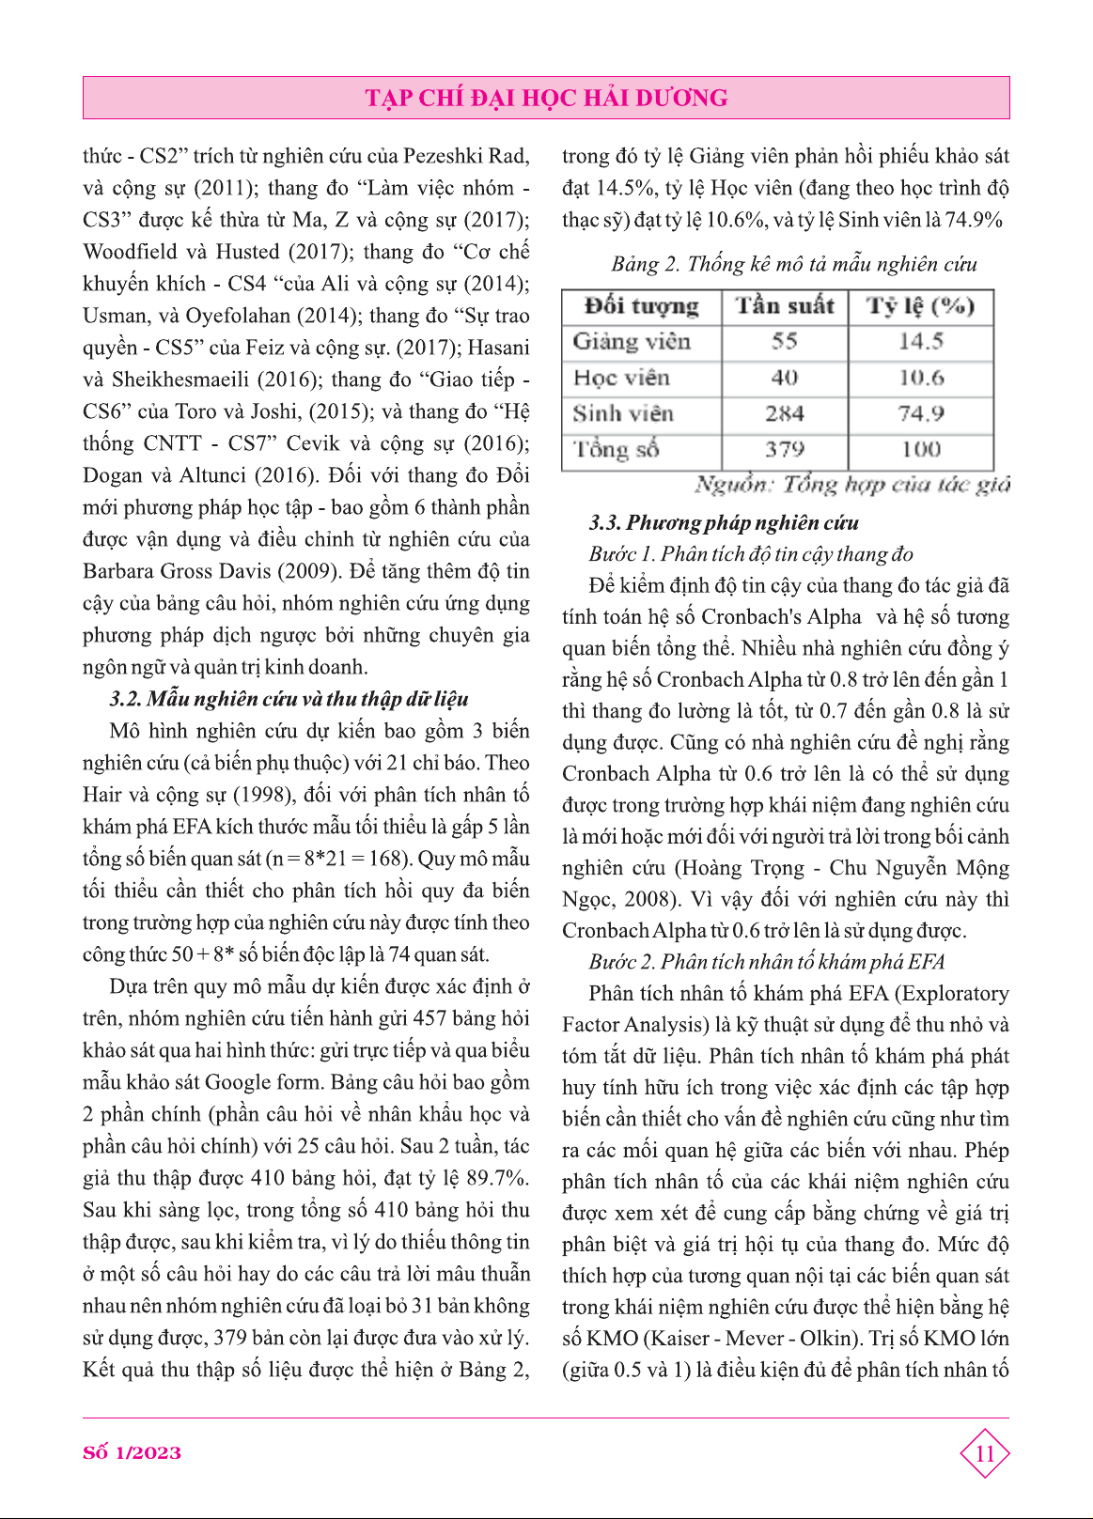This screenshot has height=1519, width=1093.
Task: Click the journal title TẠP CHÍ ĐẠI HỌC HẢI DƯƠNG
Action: pyautogui.click(x=546, y=98)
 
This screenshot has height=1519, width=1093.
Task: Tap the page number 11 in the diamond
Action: pyautogui.click(x=984, y=1454)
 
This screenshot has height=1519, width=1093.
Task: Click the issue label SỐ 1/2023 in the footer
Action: pyautogui.click(x=132, y=1452)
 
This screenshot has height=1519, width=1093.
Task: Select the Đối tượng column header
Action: pyautogui.click(x=642, y=306)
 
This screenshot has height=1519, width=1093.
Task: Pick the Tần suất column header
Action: pyautogui.click(x=785, y=306)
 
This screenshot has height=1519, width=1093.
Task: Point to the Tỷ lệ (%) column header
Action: pyautogui.click(x=920, y=306)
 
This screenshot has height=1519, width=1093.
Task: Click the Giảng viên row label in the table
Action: pyautogui.click(x=632, y=342)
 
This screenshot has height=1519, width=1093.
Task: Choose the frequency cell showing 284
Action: pyautogui.click(x=785, y=413)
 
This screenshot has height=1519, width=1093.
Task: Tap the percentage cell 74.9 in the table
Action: pyautogui.click(x=920, y=413)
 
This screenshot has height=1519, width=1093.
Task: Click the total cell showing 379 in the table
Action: pyautogui.click(x=785, y=449)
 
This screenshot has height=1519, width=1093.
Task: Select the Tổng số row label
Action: pyautogui.click(x=617, y=449)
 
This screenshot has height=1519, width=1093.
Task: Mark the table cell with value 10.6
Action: pyautogui.click(x=920, y=378)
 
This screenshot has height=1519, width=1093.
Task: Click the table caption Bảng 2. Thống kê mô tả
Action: pyautogui.click(x=794, y=264)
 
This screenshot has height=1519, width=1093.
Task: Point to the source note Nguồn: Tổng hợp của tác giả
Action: pyautogui.click(x=852, y=485)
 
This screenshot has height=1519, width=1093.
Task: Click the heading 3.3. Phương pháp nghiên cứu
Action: pyautogui.click(x=724, y=522)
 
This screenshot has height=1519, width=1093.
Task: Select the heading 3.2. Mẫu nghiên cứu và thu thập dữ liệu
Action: pyautogui.click(x=289, y=699)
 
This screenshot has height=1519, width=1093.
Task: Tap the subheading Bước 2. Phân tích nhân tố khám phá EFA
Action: pyautogui.click(x=766, y=961)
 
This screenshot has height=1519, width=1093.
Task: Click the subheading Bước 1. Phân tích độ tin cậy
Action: pyautogui.click(x=751, y=554)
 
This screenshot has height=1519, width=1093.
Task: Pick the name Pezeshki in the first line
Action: pyautogui.click(x=442, y=156)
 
